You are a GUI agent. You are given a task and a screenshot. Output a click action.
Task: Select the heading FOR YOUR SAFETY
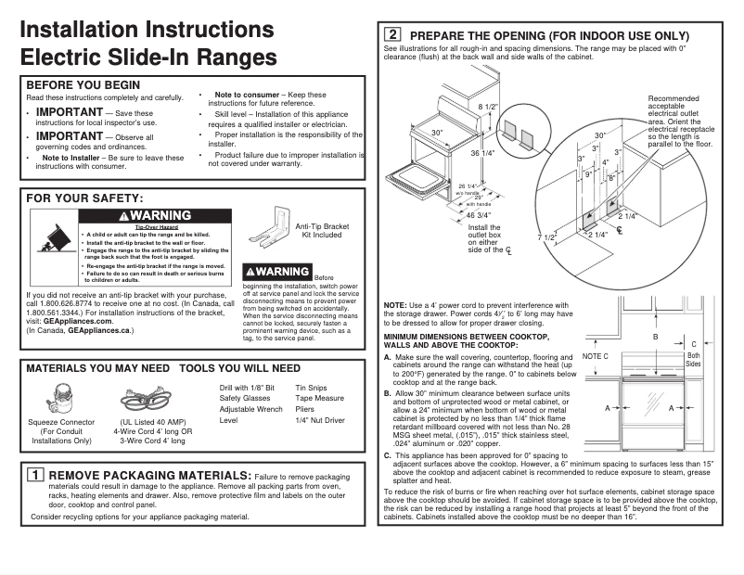tap(84, 198)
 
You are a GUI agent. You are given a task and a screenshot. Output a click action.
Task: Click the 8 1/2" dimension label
tap(488, 107)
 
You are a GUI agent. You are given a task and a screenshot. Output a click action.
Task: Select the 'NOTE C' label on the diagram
tap(596, 356)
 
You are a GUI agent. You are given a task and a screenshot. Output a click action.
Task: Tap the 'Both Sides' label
tap(693, 361)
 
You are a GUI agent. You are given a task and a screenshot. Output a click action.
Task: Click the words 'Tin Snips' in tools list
tap(312, 387)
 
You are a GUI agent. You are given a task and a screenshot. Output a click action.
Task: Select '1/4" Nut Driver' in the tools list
tap(319, 420)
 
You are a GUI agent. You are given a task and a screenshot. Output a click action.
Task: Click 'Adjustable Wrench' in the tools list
tap(250, 409)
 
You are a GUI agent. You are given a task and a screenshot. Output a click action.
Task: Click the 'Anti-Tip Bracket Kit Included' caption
tap(322, 230)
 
